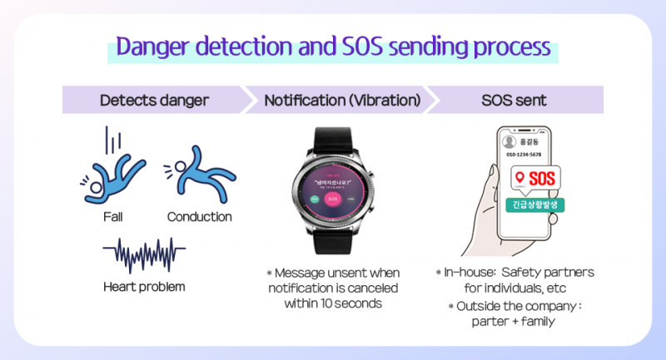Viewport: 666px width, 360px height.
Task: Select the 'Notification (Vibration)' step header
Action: point(342,101)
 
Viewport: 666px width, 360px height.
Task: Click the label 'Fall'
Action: point(114,217)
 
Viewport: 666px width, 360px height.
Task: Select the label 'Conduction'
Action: point(199,217)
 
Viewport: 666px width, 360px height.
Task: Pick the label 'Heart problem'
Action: point(144,287)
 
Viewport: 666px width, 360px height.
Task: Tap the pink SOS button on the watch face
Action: point(332,200)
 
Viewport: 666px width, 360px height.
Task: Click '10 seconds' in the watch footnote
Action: point(349,303)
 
